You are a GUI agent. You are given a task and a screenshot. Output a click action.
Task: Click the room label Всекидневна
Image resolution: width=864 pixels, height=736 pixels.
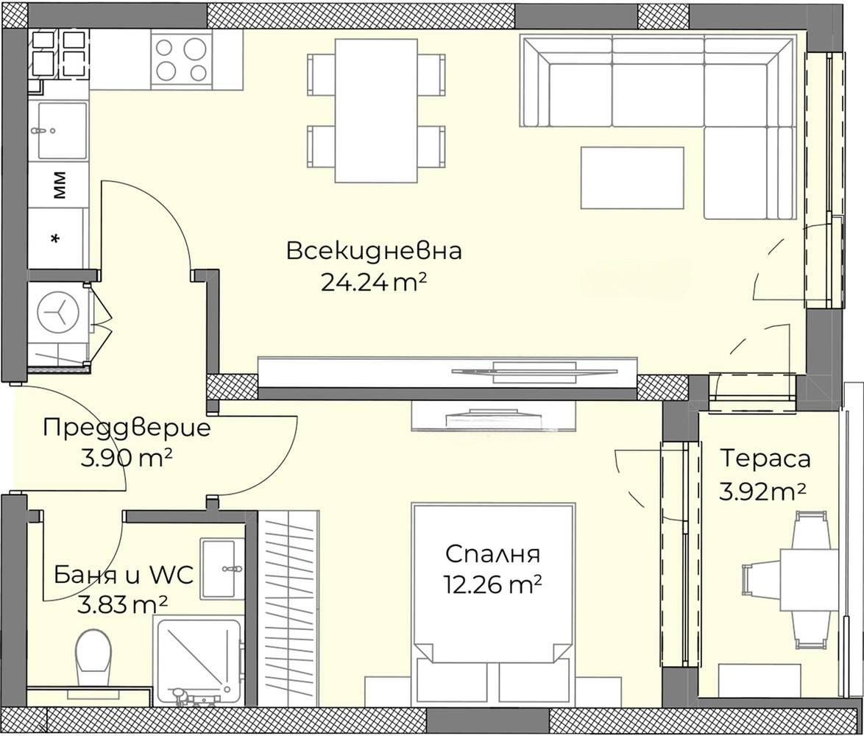pos(374,251)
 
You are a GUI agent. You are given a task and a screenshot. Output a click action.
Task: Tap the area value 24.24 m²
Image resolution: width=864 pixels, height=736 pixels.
pos(374,283)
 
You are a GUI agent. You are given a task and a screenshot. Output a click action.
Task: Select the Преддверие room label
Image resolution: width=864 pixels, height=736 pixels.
pos(127,428)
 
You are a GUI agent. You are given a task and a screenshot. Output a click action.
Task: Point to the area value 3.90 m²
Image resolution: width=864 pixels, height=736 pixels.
pos(127,459)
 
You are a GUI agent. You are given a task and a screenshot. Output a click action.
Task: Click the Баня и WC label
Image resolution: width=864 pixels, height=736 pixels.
pos(124,574)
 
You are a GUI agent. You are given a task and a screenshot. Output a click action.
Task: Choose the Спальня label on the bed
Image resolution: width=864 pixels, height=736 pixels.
pos(492,553)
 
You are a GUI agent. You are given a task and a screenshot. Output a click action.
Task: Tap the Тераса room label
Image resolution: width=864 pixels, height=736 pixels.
pos(765,458)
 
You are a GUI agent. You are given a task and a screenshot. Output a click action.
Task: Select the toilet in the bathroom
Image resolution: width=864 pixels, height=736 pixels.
pos(93,654)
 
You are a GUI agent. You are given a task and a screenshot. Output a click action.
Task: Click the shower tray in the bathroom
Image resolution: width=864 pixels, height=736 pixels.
pos(197,660)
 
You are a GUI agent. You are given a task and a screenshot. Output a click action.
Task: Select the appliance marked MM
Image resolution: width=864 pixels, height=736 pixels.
pos(58,185)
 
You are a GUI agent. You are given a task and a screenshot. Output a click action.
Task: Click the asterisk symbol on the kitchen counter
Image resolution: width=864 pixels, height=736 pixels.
pos(55,238)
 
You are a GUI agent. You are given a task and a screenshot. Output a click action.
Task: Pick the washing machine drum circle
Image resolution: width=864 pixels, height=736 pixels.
pos(58,311)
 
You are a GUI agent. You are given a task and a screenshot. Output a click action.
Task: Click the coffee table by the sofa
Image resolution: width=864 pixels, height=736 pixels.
pos(631,177)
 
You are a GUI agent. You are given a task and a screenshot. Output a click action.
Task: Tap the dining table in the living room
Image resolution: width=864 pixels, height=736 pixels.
pos(376,110)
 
